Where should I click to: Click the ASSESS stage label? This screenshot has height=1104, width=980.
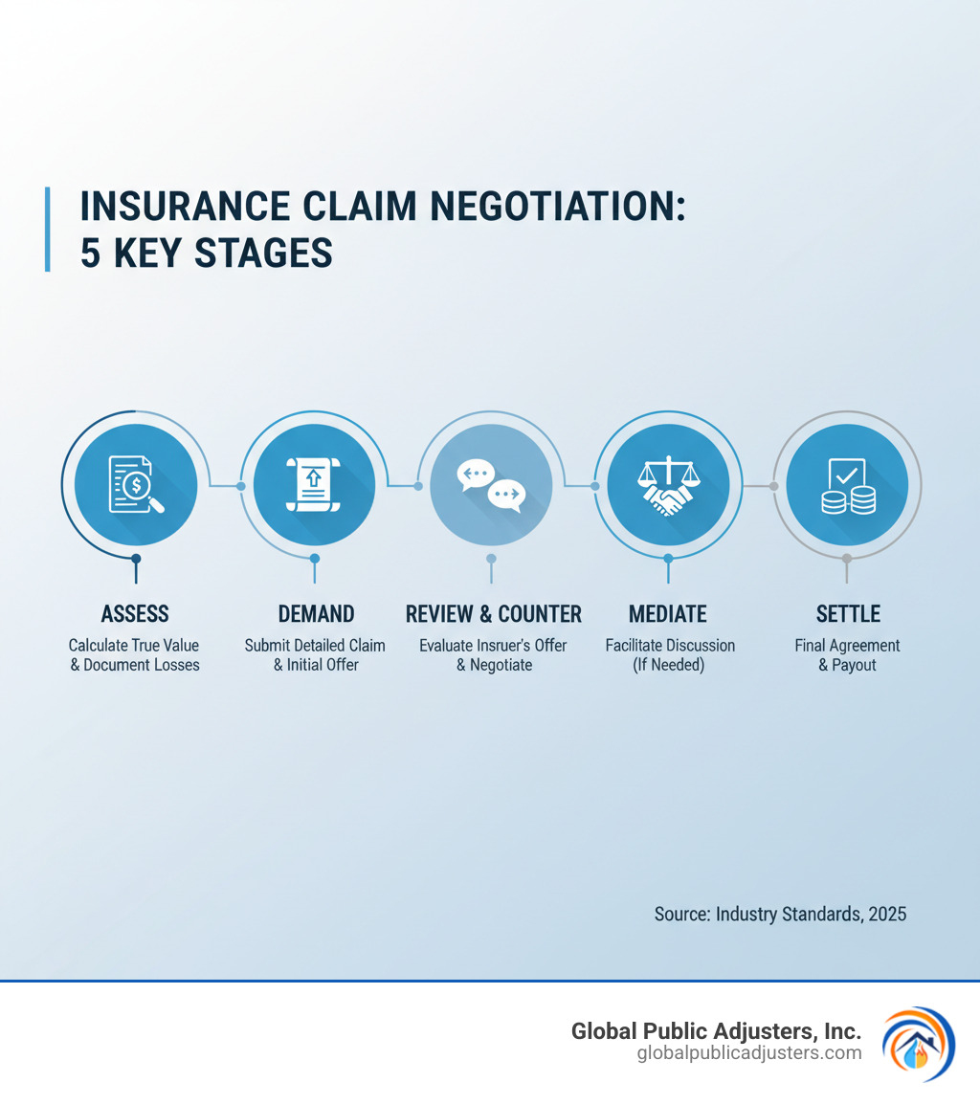pos(135,613)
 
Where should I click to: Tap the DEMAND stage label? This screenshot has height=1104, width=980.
pos(316,613)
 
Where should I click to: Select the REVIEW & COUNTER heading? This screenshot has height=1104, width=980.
pos(493,613)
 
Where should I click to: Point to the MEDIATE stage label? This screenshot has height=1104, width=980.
pos(667,613)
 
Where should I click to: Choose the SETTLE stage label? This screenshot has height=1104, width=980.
pos(848,613)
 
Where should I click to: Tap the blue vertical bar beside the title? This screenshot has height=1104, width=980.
pos(48,230)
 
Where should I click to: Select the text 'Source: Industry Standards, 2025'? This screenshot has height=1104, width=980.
pos(780,915)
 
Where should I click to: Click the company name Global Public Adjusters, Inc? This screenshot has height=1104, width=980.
pos(716,1031)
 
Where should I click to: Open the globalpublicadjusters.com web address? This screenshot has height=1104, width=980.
pos(748,1053)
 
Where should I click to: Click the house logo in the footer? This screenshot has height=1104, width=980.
pos(917,1043)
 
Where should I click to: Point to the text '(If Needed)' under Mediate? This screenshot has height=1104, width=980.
pos(668,665)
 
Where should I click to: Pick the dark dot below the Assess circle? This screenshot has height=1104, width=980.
pos(136,559)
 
